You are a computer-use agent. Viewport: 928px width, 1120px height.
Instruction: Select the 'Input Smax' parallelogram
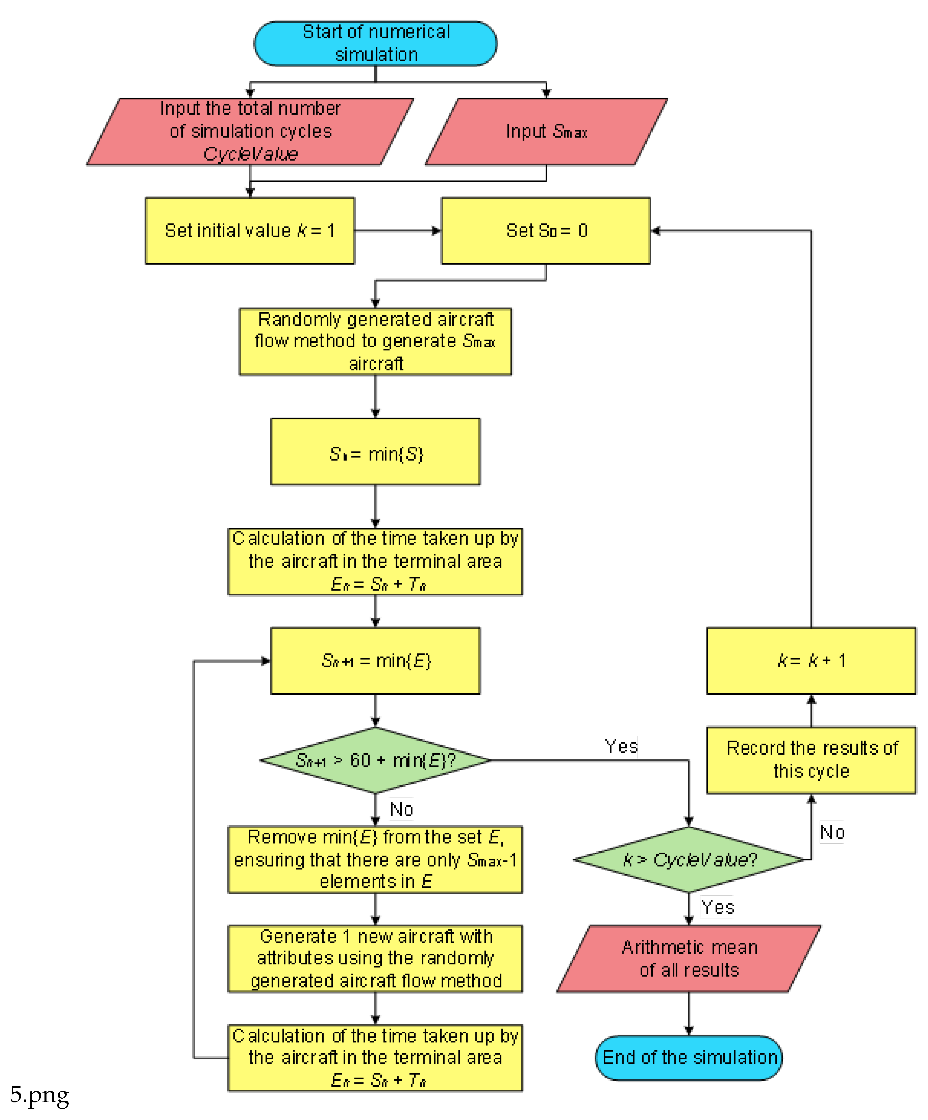tap(546, 131)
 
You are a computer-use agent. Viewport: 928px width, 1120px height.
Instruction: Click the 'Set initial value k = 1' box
tap(250, 230)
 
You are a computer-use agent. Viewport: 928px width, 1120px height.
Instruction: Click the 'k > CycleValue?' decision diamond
tap(689, 859)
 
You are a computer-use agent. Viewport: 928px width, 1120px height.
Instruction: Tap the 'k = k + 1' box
tap(811, 660)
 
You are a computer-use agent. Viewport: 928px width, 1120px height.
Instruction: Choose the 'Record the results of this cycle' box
tap(811, 759)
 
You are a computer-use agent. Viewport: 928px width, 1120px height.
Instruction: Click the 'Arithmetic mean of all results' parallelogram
tap(689, 958)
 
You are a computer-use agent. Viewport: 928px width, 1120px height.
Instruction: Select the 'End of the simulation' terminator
tap(689, 1057)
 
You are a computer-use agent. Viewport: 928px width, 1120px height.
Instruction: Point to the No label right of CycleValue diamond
tap(832, 832)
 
